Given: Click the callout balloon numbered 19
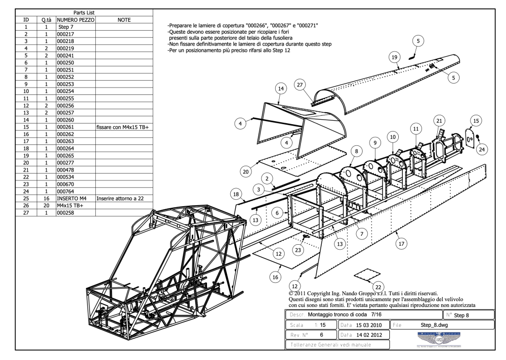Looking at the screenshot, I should (394, 57).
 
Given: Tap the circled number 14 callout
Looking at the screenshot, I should (280, 88).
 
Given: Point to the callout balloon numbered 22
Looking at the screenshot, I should (379, 287).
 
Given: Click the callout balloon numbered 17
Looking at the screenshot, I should (401, 243).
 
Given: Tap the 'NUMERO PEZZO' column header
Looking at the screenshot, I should (76, 19).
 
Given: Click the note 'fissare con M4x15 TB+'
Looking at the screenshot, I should (124, 127).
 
